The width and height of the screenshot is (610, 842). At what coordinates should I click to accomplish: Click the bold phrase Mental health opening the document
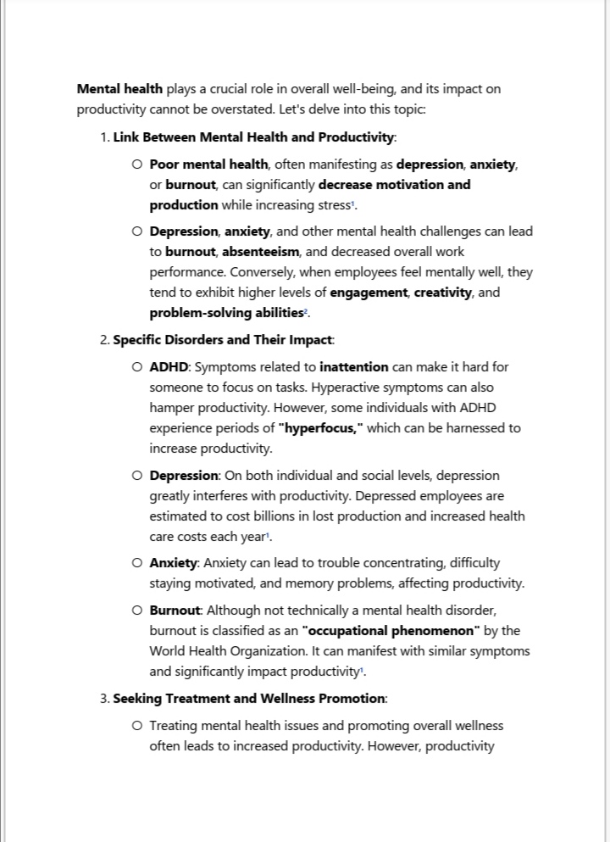tap(119, 89)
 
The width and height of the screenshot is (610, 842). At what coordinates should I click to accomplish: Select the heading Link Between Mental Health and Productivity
tap(254, 137)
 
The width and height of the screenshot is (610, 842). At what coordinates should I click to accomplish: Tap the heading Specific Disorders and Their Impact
tap(223, 340)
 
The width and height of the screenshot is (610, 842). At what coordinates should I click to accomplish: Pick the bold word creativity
tap(443, 293)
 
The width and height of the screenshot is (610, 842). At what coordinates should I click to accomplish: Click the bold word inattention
tap(354, 367)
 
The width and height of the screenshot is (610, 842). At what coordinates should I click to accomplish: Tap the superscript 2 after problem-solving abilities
tap(307, 310)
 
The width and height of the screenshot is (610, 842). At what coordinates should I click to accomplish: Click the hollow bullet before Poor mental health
tap(137, 164)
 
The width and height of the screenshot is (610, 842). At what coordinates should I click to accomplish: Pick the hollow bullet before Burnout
tap(137, 611)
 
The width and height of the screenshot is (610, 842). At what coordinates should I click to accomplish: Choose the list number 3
tap(104, 699)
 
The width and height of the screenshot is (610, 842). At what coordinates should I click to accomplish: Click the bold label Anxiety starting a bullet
tap(175, 563)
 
